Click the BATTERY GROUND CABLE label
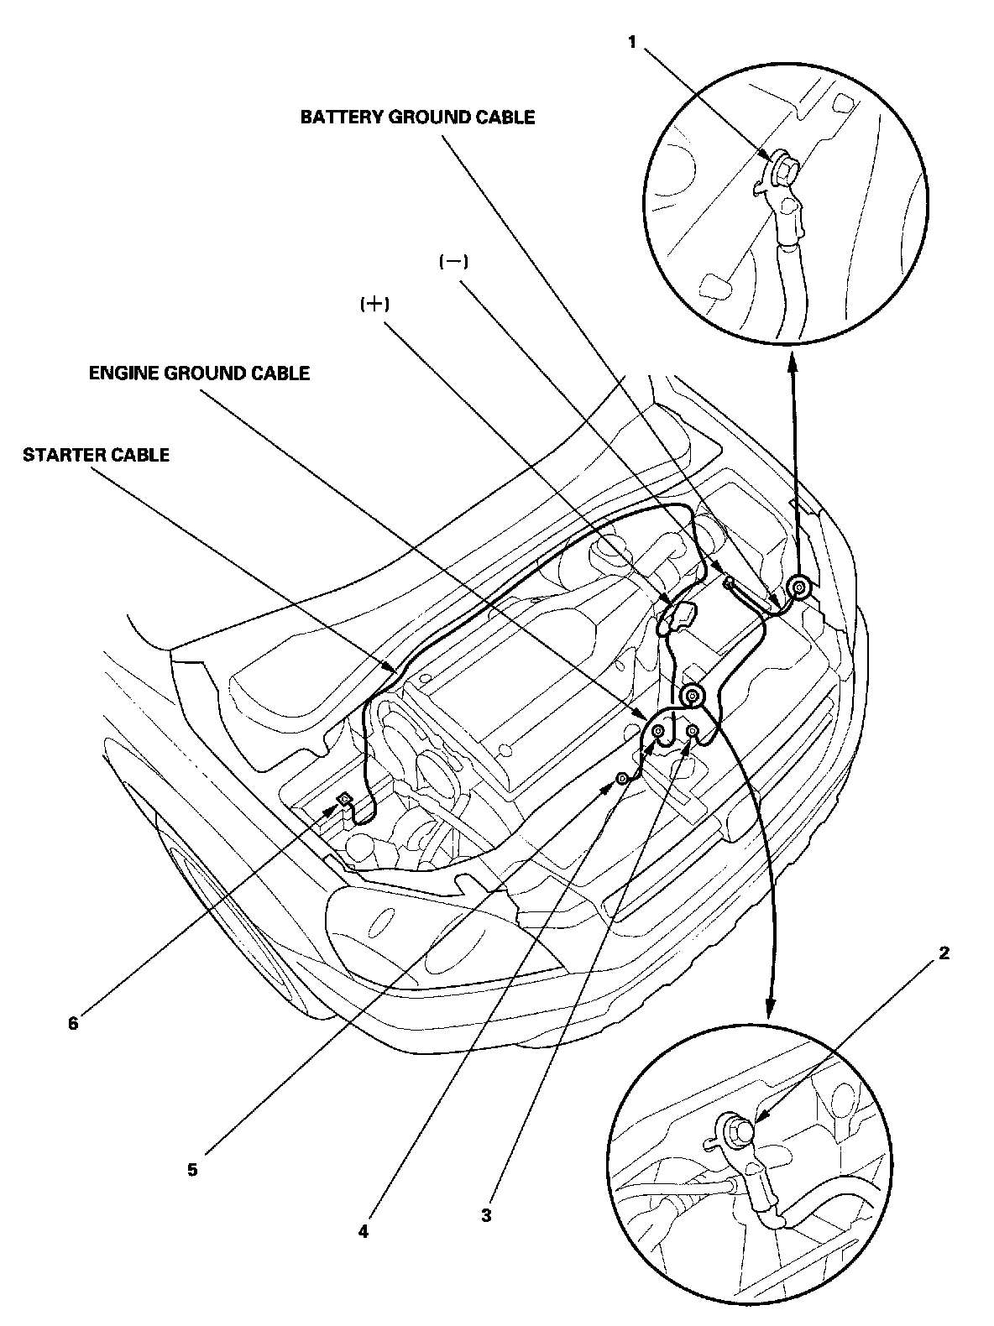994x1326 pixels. click(417, 117)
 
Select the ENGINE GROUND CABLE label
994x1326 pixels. click(200, 373)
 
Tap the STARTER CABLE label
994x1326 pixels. click(97, 455)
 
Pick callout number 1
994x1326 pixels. click(632, 42)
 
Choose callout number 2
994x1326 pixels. click(944, 953)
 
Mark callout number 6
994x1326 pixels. click(73, 1024)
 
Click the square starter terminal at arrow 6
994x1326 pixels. click(344, 799)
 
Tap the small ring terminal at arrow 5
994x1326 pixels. click(622, 780)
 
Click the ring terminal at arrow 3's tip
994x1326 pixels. click(693, 734)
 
